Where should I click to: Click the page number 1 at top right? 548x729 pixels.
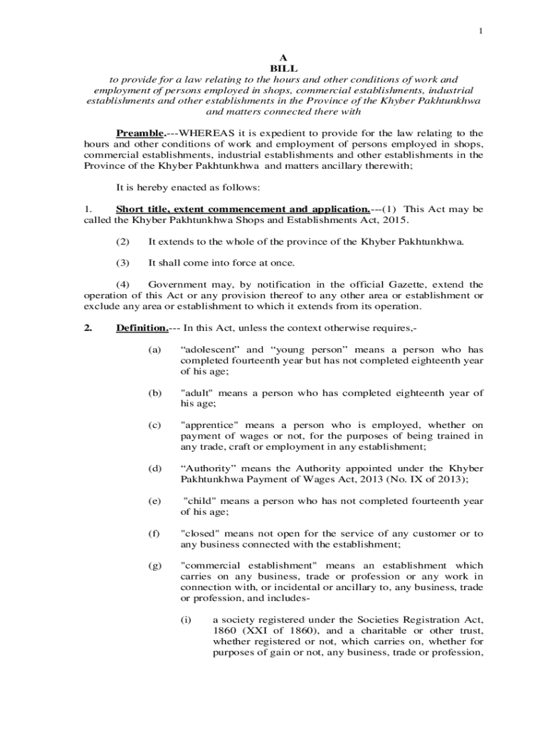coord(480,31)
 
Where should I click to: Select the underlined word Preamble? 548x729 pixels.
coord(140,133)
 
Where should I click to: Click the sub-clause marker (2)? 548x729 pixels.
coord(123,241)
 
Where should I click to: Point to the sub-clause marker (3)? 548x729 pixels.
coord(123,263)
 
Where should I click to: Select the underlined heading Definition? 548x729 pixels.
coord(142,328)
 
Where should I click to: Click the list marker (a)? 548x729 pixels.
coord(154,350)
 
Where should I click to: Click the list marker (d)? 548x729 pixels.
coord(154,468)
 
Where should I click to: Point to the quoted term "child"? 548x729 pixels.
coord(200,500)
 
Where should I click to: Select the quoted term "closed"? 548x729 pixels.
coord(202,533)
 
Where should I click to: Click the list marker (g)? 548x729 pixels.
coord(154,565)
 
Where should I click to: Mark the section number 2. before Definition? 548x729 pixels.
coord(88,328)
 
